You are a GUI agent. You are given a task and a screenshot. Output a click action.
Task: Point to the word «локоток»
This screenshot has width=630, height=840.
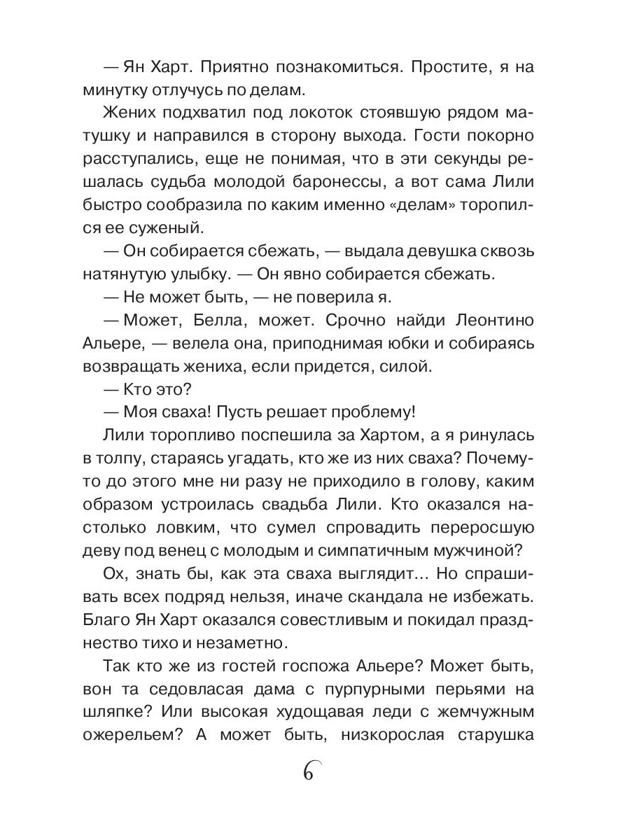click(x=265, y=113)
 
